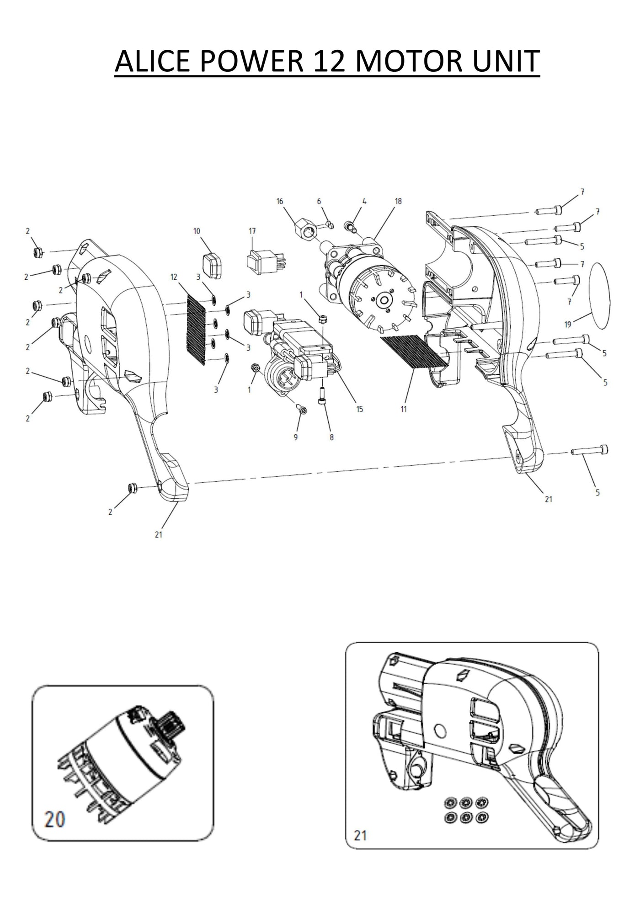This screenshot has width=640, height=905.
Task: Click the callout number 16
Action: coord(280,201)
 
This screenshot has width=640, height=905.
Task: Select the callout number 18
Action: coord(398,201)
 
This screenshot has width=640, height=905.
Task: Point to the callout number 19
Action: coord(568,325)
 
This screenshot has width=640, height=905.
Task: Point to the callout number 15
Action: coord(359,409)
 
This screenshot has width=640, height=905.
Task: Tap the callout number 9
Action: coord(296,437)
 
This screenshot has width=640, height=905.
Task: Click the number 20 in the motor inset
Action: coord(54,819)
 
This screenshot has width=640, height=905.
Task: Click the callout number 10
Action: coord(197,231)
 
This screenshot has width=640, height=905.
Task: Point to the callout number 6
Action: coord(319,201)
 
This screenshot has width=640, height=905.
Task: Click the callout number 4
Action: coord(364,201)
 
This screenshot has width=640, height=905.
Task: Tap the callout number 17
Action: coord(252,231)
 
